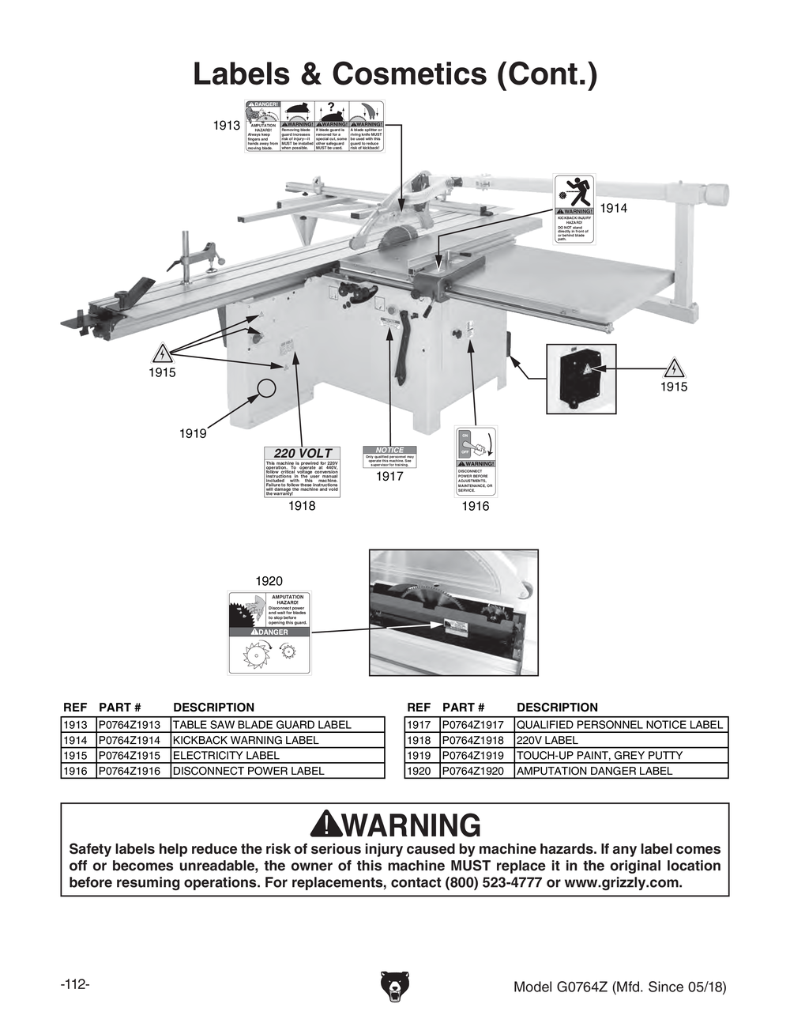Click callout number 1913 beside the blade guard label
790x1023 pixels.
[227, 126]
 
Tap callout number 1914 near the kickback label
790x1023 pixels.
[613, 208]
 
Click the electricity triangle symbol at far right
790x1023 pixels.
[674, 368]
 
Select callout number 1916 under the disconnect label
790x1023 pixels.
[475, 506]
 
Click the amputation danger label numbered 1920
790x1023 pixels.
[269, 632]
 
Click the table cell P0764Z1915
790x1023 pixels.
[132, 756]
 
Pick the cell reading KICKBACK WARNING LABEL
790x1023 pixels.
[246, 741]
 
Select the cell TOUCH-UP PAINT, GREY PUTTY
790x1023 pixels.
[599, 756]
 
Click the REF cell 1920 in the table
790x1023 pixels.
[419, 771]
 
